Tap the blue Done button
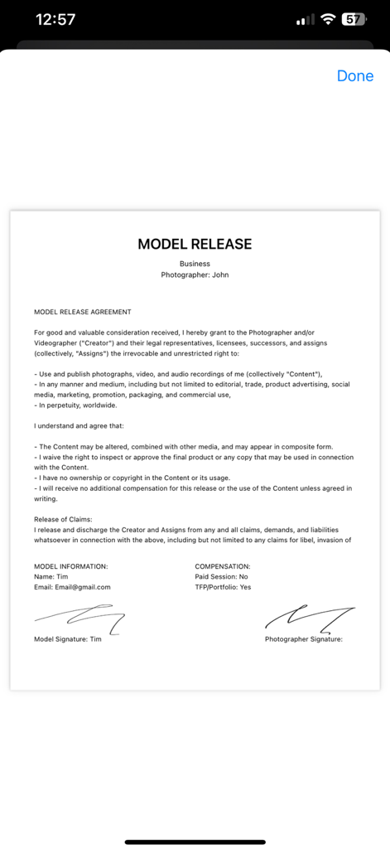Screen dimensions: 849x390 (355, 76)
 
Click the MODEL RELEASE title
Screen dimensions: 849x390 (195, 244)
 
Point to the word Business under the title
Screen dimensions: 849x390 (195, 264)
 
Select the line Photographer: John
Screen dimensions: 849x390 (195, 274)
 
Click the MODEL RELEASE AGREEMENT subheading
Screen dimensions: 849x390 (82, 312)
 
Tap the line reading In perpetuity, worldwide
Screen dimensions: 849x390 (76, 405)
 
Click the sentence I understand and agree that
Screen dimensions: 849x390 (78, 425)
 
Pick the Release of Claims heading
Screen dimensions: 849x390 (69, 519)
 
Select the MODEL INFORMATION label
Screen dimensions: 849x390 (70, 566)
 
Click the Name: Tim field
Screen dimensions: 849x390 (51, 576)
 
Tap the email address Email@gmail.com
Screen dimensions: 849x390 (72, 587)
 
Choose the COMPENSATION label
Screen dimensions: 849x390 (223, 566)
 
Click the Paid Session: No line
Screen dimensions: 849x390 (221, 576)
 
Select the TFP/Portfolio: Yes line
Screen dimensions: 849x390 (223, 587)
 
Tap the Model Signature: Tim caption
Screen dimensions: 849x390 (68, 639)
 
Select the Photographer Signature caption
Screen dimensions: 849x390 (303, 639)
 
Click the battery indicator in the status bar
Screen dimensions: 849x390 (354, 20)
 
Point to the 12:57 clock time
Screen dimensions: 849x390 (56, 20)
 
